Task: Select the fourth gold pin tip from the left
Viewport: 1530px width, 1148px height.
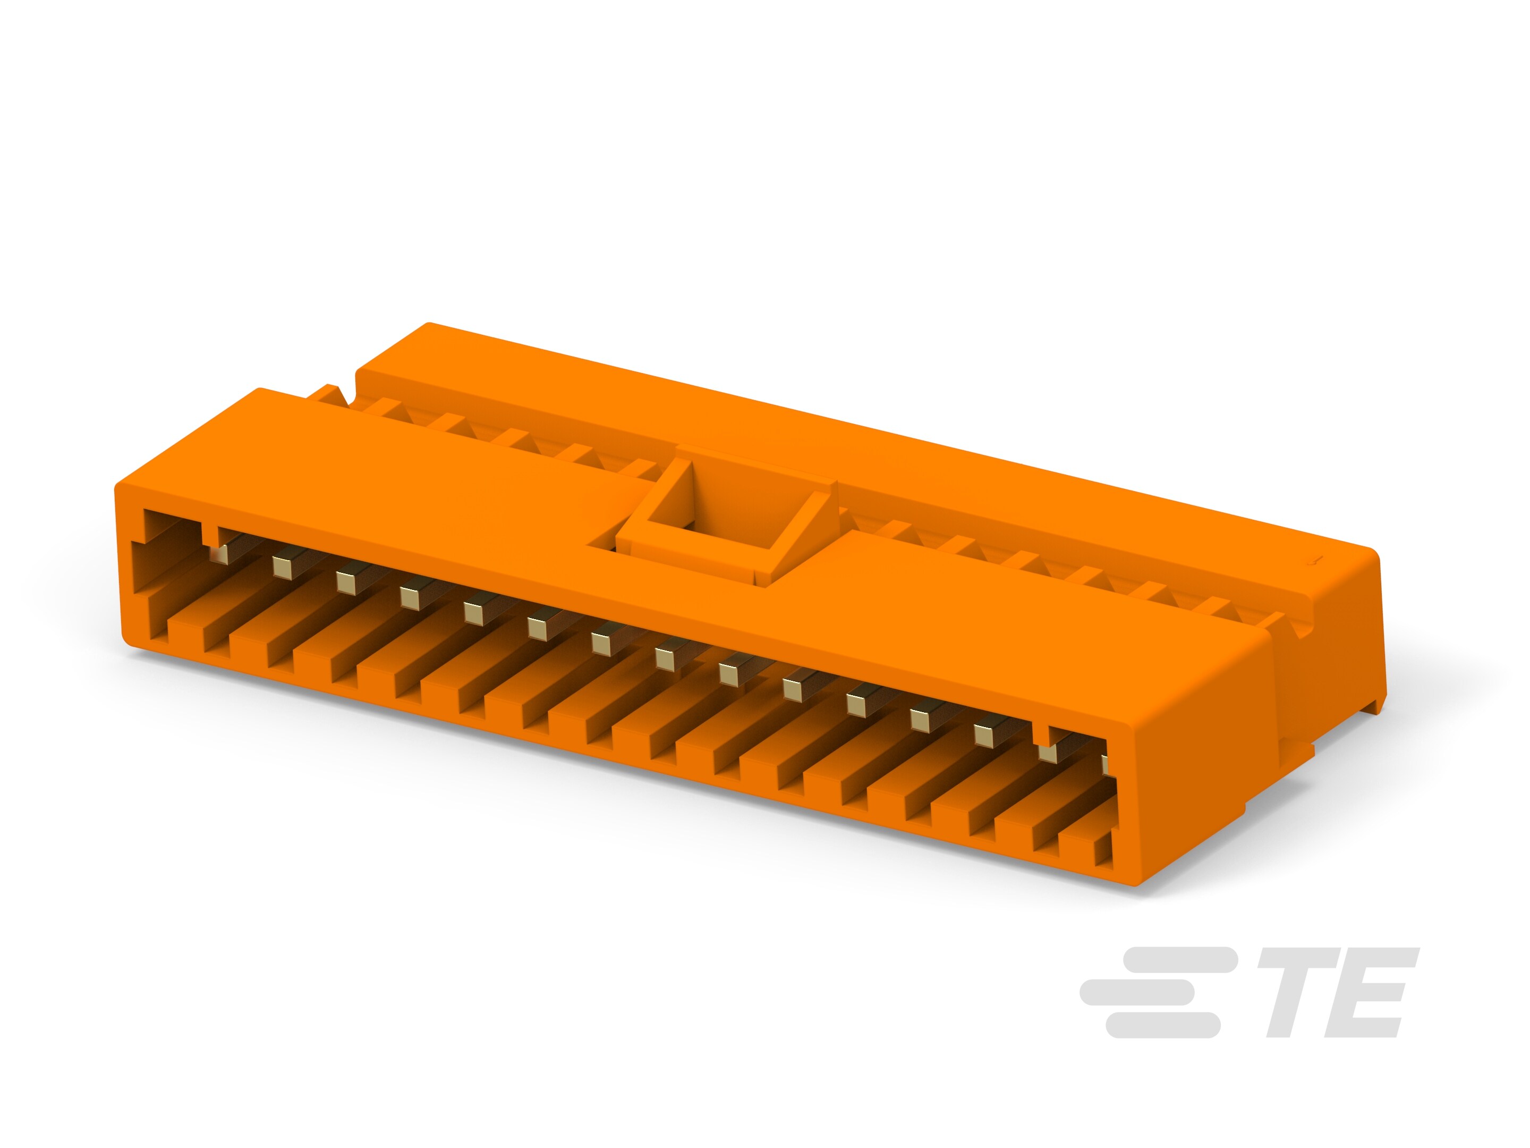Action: click(x=410, y=598)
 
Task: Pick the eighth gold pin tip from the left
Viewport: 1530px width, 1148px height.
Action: click(x=665, y=658)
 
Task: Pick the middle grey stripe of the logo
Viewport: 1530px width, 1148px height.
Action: click(x=1138, y=992)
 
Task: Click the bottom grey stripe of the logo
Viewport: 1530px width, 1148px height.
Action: click(x=1162, y=1025)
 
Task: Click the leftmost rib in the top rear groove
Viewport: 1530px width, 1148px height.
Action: click(x=387, y=408)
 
